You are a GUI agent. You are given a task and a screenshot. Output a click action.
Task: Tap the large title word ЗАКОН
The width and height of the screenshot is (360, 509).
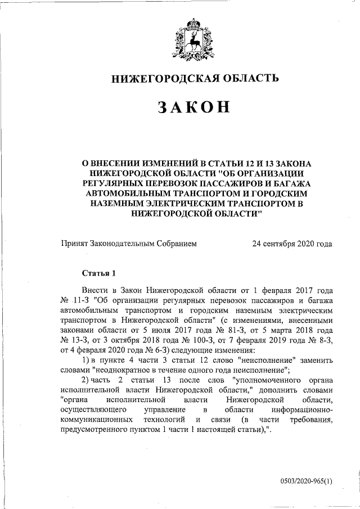tap(194, 107)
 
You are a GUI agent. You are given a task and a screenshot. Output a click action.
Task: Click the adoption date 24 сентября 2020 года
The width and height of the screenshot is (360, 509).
tap(292, 244)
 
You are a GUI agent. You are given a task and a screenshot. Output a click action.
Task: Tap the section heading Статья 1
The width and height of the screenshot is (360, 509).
tap(98, 274)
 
